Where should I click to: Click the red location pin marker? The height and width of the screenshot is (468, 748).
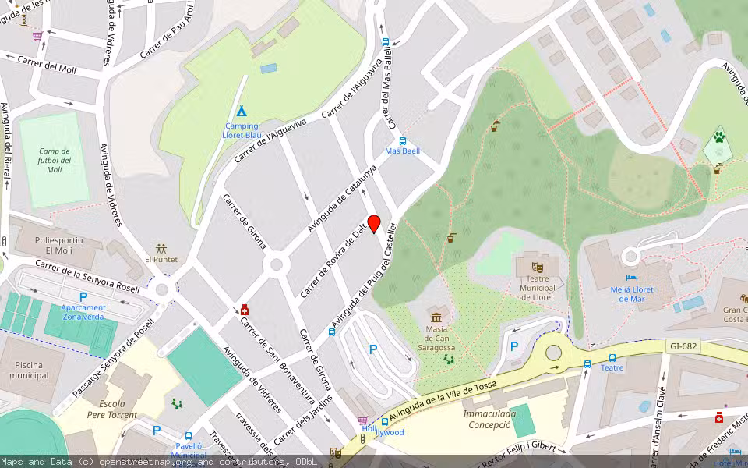click(x=374, y=224)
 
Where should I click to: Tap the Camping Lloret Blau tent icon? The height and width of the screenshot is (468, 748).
click(x=242, y=111)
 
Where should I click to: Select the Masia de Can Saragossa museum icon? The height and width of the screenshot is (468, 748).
click(x=436, y=317)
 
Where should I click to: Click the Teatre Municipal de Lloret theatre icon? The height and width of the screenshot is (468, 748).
click(x=536, y=268)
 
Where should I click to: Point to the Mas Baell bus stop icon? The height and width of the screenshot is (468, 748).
click(x=402, y=141)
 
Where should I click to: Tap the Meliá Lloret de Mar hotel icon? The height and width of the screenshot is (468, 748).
click(x=631, y=278)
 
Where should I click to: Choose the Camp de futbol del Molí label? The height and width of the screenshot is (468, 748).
click(x=54, y=160)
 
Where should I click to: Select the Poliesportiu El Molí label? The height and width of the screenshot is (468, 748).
click(x=58, y=246)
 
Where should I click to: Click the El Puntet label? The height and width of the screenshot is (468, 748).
click(x=161, y=259)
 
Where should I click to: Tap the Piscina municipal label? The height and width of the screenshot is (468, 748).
click(x=29, y=370)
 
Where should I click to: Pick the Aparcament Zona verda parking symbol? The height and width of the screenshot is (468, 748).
click(x=83, y=296)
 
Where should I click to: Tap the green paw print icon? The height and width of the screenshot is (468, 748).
click(x=718, y=138)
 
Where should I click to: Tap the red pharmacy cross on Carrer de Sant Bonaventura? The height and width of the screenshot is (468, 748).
click(x=245, y=310)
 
